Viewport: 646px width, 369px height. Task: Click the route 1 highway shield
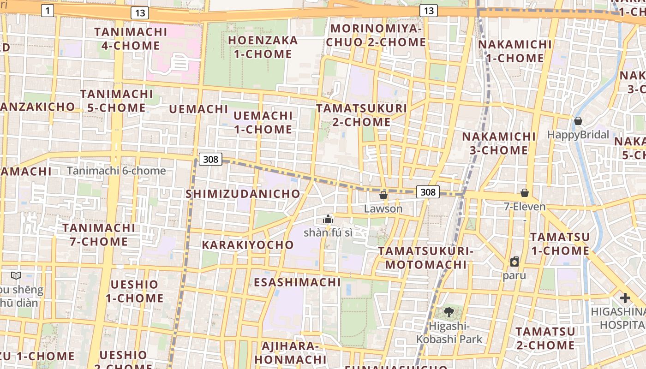click(x=48, y=11)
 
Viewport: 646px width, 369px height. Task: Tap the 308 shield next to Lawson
click(x=428, y=192)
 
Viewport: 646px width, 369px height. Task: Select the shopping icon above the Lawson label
click(x=383, y=196)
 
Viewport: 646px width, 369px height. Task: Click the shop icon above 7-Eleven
click(x=524, y=193)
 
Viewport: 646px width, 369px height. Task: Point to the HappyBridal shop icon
click(x=578, y=121)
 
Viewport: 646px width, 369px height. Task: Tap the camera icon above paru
click(x=514, y=262)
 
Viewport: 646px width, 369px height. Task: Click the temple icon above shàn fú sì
click(x=328, y=219)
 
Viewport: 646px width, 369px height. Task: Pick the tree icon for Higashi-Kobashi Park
click(x=449, y=312)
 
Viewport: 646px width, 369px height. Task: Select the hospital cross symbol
click(x=625, y=298)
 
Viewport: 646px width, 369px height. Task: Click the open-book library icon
click(x=16, y=276)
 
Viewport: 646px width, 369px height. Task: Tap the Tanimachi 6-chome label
click(x=116, y=171)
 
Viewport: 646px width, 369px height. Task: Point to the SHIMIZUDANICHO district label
click(x=243, y=194)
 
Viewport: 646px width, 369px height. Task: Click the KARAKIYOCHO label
click(x=248, y=245)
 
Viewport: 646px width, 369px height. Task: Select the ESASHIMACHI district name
click(x=298, y=282)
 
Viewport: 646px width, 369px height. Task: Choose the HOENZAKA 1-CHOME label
click(x=263, y=47)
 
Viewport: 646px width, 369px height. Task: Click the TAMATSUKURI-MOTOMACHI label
click(x=426, y=258)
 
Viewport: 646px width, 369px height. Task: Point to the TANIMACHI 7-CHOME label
click(x=99, y=235)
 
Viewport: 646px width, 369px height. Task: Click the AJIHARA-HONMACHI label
click(x=290, y=352)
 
